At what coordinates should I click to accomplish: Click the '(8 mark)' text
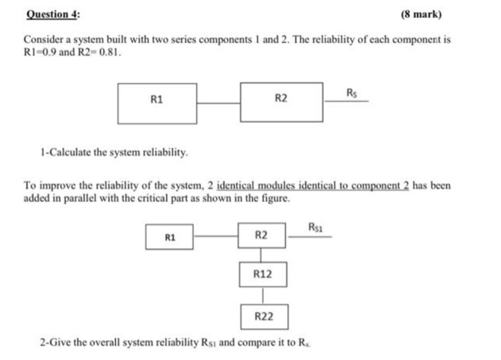[422, 14]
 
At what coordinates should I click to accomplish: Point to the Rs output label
[351, 93]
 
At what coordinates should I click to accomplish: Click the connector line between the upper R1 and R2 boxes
[218, 103]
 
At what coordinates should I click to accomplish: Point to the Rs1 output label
[316, 228]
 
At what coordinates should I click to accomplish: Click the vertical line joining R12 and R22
[263, 296]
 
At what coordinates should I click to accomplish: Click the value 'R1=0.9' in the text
[40, 52]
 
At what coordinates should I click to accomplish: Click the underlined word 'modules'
[276, 185]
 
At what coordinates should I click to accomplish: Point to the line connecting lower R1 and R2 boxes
[216, 236]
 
